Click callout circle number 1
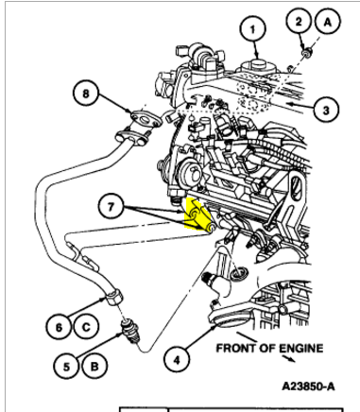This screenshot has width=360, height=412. pos(252,29)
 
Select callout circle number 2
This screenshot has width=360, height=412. pos(299,22)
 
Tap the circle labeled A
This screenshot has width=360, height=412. pos(328,22)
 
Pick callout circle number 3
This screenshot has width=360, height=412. pos(326,110)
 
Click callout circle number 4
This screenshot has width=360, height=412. pos(177,359)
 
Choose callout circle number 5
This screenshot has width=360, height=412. pos(66,367)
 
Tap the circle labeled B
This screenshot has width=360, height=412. pos(94,367)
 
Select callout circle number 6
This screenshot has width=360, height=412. pos(59,328)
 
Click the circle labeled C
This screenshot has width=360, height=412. pos(86,328)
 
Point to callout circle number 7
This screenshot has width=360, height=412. pos(111,207)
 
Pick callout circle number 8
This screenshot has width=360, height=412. pos(86,94)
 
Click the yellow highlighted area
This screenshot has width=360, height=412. pos(197,215)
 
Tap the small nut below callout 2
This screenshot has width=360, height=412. pos(306,52)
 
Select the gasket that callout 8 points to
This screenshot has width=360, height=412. pos(145,119)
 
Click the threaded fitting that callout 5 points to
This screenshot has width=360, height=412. pos(130,333)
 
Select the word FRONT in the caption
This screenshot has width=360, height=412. pos(236,349)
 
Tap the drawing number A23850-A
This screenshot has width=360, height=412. pos(308,386)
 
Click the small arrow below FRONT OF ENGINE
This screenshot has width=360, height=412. pos(288,359)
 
